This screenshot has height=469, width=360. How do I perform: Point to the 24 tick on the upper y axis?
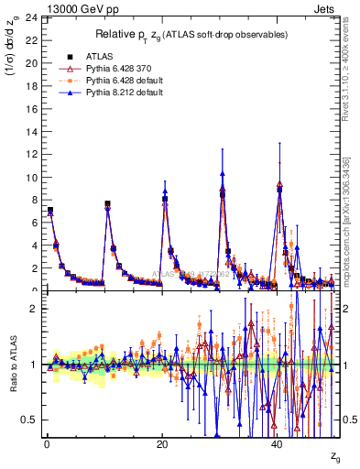pyautogui.click(x=32, y=18)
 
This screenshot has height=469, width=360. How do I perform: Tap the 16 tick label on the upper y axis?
pyautogui.click(x=32, y=109)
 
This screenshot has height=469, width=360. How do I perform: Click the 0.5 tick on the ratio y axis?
pyautogui.click(x=32, y=420)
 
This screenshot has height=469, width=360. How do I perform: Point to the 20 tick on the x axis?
pyautogui.click(x=162, y=442)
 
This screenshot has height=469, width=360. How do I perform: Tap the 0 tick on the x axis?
pyautogui.click(x=47, y=442)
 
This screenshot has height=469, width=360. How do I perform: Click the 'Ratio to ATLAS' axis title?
pyautogui.click(x=14, y=366)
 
